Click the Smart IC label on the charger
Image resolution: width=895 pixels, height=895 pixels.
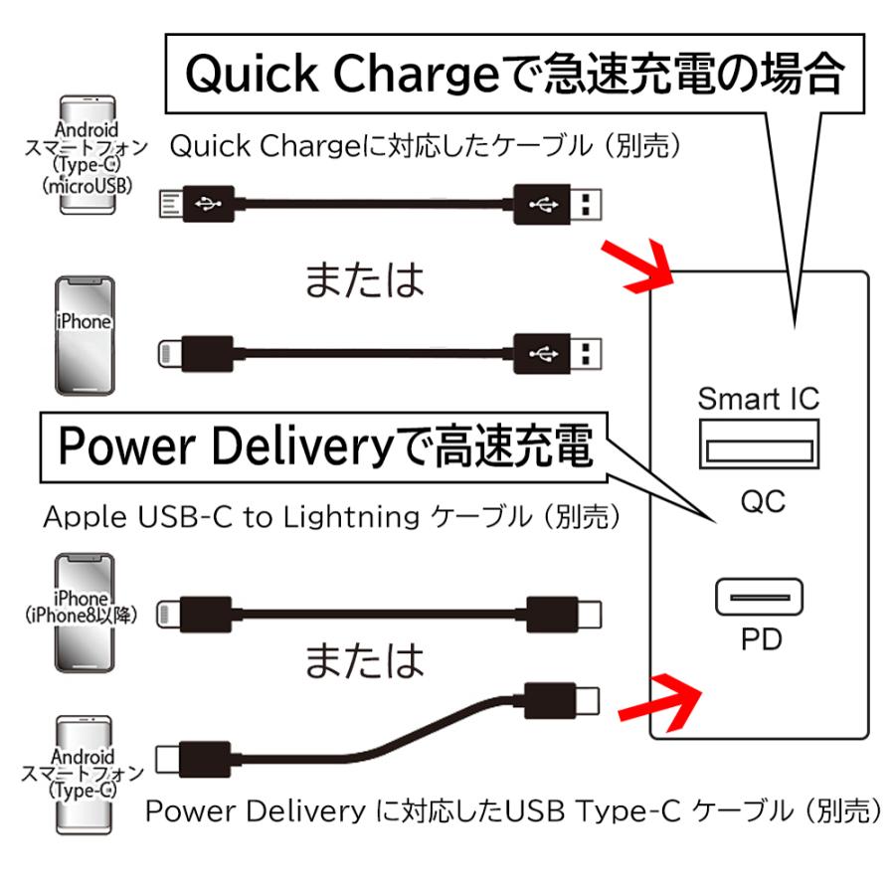[x=758, y=400]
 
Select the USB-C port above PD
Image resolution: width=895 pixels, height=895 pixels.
[x=759, y=599]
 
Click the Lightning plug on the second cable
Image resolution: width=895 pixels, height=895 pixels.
[x=195, y=352]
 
